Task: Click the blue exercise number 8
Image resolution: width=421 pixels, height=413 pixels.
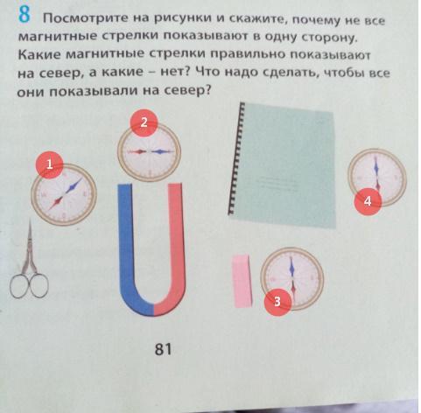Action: (x=25, y=14)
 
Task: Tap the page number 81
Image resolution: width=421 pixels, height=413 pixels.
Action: (x=163, y=349)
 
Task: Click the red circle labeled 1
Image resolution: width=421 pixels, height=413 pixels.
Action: (x=49, y=164)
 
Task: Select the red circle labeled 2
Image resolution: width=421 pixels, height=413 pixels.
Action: (x=144, y=122)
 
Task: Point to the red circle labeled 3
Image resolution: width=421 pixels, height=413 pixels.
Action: (x=277, y=302)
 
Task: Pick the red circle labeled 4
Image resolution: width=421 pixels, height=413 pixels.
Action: (x=368, y=201)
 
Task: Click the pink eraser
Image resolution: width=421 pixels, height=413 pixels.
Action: (x=242, y=281)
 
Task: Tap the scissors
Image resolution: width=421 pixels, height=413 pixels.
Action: (x=29, y=262)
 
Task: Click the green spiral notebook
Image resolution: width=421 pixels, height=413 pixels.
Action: (x=283, y=165)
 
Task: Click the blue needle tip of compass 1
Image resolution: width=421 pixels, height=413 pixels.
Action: (x=81, y=178)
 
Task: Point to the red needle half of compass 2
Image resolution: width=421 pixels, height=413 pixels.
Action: (x=137, y=151)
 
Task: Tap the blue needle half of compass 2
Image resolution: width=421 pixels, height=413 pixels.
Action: (x=161, y=151)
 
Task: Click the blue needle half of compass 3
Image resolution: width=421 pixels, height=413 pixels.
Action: (x=291, y=267)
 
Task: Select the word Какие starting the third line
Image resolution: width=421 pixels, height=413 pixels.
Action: (x=40, y=54)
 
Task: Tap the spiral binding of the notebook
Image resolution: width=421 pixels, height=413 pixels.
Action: (x=235, y=159)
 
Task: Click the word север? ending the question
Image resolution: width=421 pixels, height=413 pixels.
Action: (x=187, y=91)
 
